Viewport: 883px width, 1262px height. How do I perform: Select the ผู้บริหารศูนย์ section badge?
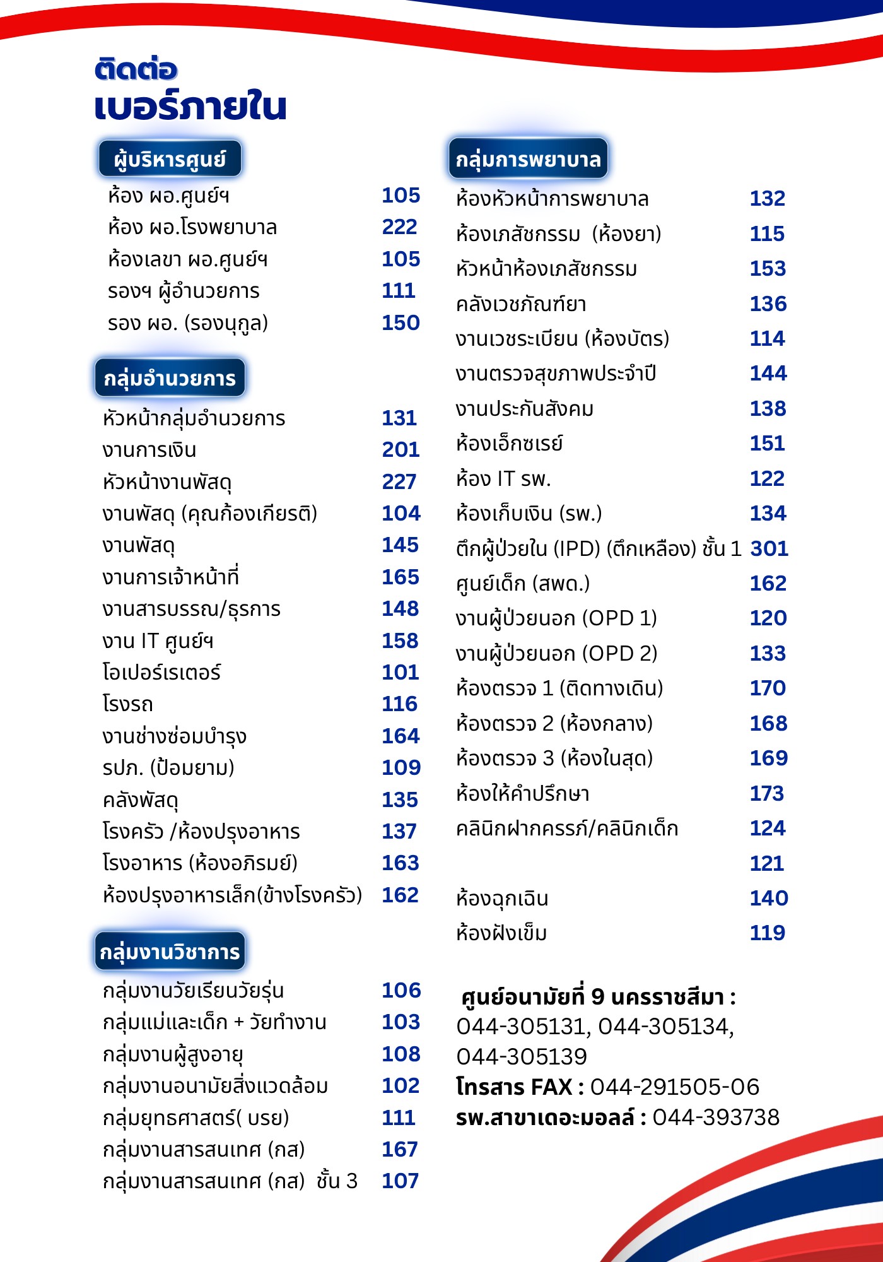[170, 158]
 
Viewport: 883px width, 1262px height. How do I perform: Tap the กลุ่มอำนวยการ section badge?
[170, 378]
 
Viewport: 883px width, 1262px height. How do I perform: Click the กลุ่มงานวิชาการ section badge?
[170, 952]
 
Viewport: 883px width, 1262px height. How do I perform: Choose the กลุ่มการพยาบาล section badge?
[528, 158]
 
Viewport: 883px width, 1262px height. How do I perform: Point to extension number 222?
[400, 227]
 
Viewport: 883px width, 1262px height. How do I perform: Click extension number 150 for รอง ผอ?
[401, 323]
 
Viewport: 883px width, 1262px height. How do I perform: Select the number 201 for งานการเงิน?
[401, 450]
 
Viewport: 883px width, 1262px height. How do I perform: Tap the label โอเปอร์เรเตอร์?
[161, 673]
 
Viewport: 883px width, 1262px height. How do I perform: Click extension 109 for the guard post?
[401, 768]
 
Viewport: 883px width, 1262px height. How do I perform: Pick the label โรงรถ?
[128, 704]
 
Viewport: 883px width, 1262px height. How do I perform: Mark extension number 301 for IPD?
[769, 549]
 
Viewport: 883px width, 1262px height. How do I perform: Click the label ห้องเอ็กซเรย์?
[509, 444]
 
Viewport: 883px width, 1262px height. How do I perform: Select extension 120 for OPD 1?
[768, 618]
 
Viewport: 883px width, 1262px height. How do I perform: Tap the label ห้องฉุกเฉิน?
[502, 899]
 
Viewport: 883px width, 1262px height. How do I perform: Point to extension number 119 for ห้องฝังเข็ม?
[768, 933]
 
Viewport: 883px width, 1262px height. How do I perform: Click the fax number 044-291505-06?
[674, 1087]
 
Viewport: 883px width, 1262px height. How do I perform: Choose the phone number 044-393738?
[716, 1118]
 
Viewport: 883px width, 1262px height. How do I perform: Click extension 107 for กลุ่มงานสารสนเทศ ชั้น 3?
[400, 1181]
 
